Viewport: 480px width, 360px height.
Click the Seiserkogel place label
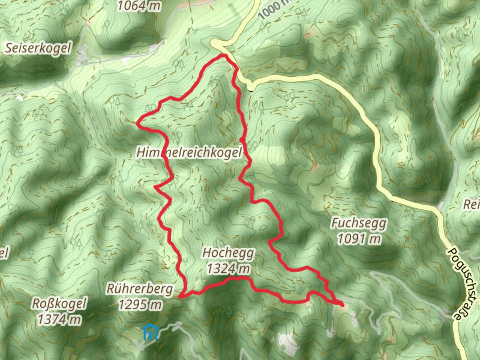point(38,48)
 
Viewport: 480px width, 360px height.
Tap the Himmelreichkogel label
point(189,153)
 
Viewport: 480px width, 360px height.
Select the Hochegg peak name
point(228,253)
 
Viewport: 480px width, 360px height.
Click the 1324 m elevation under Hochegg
point(228,268)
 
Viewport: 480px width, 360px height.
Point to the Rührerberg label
point(140,289)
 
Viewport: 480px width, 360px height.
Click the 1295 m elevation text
point(140,304)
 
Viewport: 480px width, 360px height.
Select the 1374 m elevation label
point(59,319)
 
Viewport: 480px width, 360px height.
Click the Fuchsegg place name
point(359,223)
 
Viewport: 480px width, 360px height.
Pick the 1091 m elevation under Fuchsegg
point(359,239)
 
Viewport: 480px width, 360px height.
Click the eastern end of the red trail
point(342,305)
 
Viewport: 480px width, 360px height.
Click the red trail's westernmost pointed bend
point(138,123)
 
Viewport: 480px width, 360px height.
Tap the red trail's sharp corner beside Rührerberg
point(180,296)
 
